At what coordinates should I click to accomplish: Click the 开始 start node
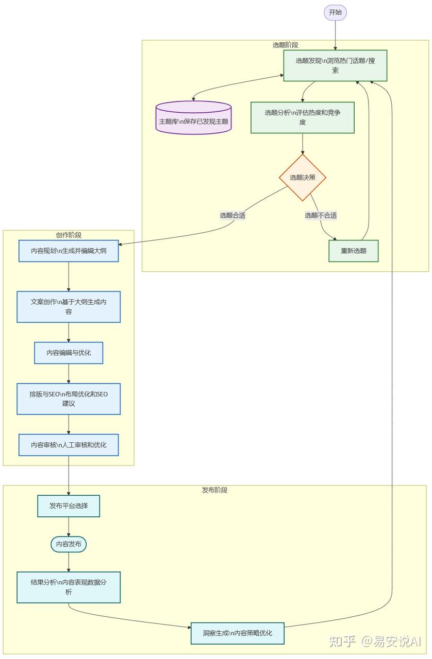(335, 12)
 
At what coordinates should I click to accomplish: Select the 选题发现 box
(335, 66)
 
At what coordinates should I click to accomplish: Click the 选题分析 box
(303, 117)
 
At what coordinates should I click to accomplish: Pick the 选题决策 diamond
(303, 178)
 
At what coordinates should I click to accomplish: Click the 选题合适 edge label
(232, 216)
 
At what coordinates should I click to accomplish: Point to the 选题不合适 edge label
(321, 216)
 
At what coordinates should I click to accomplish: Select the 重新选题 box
(354, 251)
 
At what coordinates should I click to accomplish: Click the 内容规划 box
(69, 251)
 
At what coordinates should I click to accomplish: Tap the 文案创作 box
(69, 307)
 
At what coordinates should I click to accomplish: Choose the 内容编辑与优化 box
(69, 353)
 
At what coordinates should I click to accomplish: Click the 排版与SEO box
(69, 398)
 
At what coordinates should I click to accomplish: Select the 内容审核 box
(69, 445)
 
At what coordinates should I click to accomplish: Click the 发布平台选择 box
(69, 506)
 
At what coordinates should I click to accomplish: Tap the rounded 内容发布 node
(69, 544)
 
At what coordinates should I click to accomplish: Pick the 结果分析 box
(69, 587)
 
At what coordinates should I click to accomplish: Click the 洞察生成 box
(238, 633)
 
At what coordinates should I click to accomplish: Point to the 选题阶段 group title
(286, 45)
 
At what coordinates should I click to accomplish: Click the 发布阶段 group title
(214, 490)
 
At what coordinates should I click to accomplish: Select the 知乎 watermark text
(342, 641)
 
